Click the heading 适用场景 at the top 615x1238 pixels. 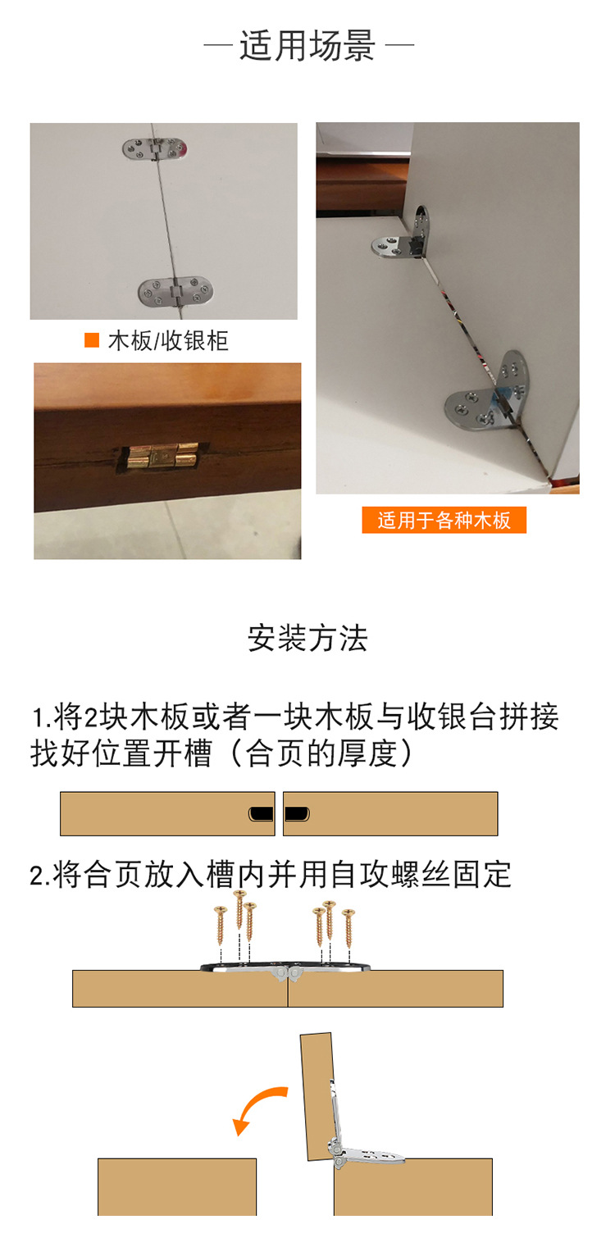pos(307,45)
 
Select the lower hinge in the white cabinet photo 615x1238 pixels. pos(171,291)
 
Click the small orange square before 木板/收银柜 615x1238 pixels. pos(92,340)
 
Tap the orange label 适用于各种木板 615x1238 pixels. pos(444,521)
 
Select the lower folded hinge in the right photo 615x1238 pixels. pos(489,392)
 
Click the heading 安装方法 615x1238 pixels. pos(307,638)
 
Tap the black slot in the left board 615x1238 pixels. pos(261,813)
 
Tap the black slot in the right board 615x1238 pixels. pos(297,813)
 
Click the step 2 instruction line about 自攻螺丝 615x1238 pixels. pos(271,875)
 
